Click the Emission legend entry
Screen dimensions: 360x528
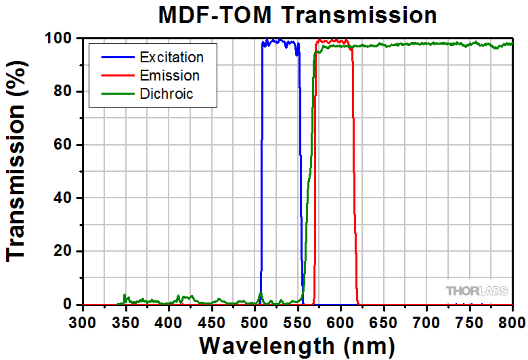point(170,75)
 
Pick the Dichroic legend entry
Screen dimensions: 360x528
point(166,93)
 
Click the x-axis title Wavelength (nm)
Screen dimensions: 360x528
point(296,345)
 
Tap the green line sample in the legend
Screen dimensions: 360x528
point(115,93)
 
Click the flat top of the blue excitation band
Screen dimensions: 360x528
point(280,42)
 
